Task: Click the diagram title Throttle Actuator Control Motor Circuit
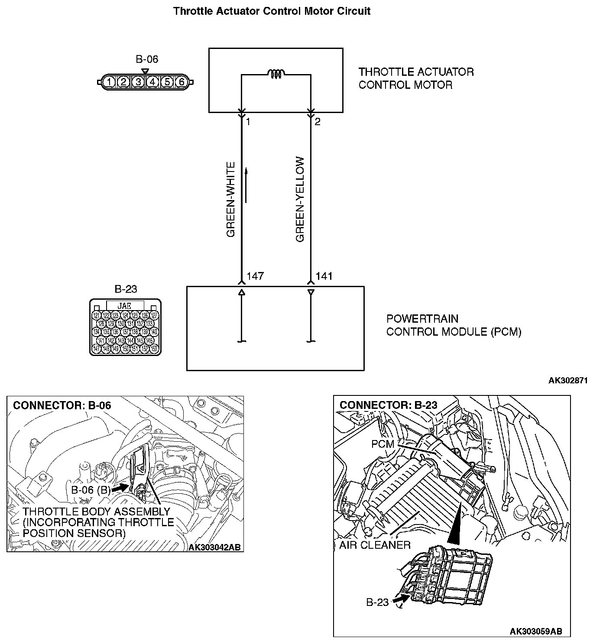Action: [272, 11]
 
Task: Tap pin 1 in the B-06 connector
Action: [110, 82]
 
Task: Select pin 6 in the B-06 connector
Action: [182, 82]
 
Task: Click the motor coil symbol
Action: [276, 74]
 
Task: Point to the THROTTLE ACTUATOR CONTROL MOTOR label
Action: [416, 78]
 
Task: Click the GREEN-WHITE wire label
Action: [231, 200]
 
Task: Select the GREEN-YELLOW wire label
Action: [300, 200]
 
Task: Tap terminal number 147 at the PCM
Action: [255, 276]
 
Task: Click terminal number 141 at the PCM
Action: [324, 276]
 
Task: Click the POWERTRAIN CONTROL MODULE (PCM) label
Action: [453, 325]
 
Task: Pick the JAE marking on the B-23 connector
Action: [124, 306]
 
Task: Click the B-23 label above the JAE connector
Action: [126, 289]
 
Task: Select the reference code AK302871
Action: [567, 381]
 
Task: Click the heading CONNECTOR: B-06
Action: [62, 405]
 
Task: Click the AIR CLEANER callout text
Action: [374, 545]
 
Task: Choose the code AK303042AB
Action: [214, 547]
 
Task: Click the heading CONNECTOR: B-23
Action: [388, 405]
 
